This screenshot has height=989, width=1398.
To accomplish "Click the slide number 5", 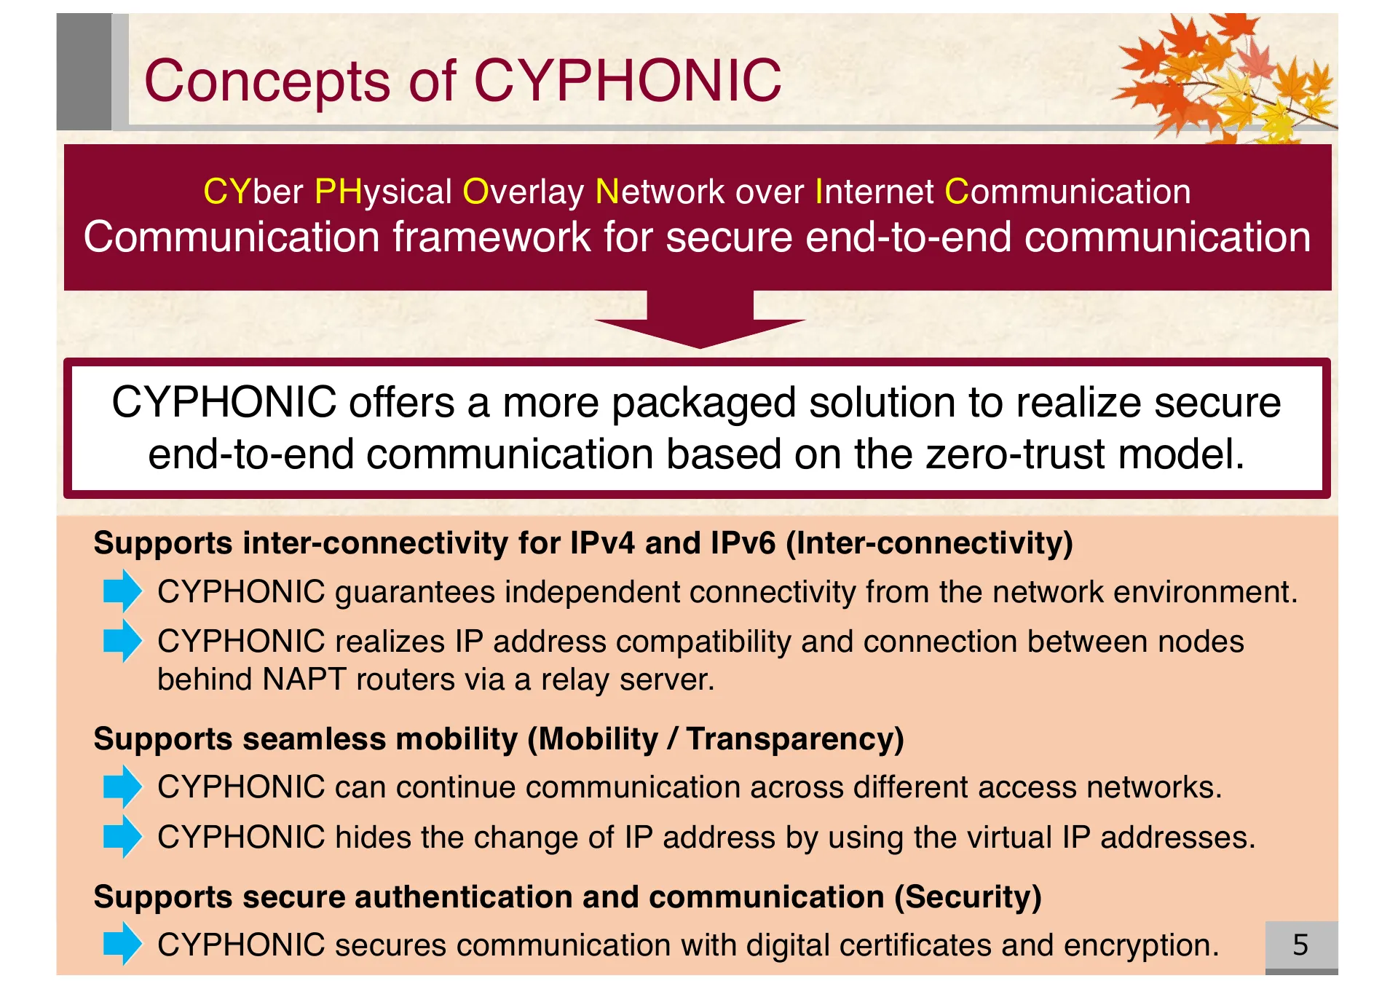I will coord(1300,945).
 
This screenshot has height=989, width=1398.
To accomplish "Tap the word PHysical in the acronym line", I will coord(383,192).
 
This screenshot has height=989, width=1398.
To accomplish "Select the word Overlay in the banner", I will coord(523,192).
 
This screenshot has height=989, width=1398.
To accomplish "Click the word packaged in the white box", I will coord(703,403).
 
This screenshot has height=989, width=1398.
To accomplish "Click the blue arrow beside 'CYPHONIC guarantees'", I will coord(122,591).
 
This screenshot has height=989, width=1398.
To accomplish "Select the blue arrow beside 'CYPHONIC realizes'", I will coord(122,641).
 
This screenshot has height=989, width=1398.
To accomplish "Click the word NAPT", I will coord(304,679).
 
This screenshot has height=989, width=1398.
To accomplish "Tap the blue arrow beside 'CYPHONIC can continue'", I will coord(122,787).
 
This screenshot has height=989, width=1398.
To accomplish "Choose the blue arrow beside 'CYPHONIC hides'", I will coord(122,836).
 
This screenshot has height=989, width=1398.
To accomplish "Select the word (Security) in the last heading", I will coord(968,897).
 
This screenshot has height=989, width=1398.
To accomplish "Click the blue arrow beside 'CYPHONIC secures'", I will coord(122,944).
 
